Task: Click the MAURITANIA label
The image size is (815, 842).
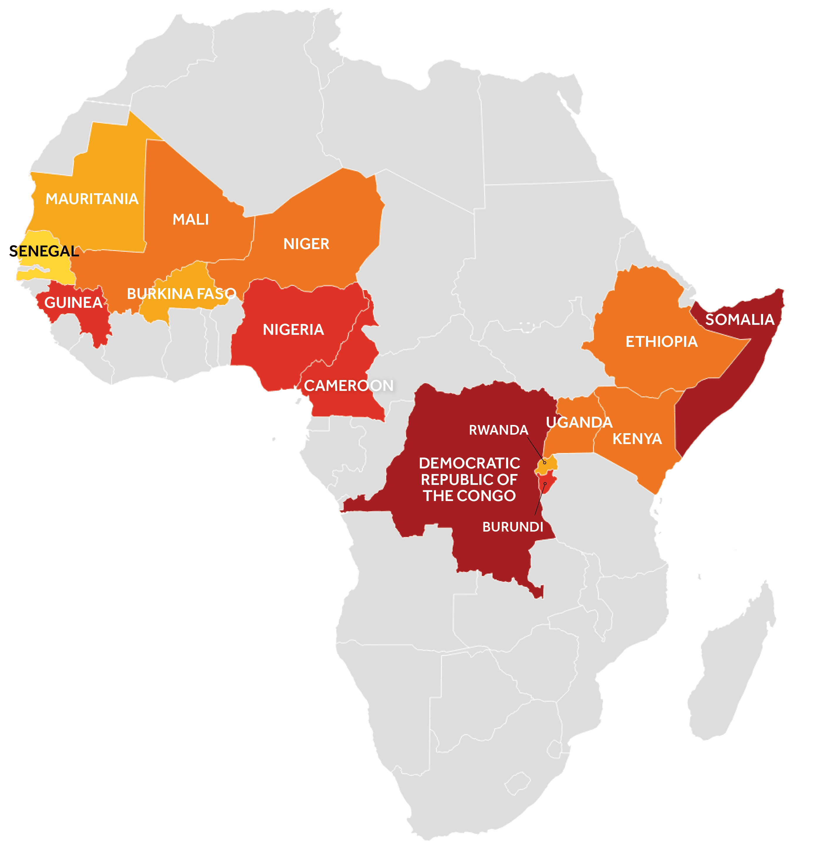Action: tap(92, 199)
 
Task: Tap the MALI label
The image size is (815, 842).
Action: tap(191, 219)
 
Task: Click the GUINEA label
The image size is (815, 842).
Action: tap(73, 303)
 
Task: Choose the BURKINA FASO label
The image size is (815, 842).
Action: tap(182, 294)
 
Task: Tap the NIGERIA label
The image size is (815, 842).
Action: tap(293, 330)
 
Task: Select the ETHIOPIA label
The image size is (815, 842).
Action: tap(661, 342)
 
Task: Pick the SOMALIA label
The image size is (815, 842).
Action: tap(740, 320)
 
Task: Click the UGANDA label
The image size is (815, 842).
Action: tap(579, 423)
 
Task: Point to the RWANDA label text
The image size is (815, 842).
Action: tap(498, 430)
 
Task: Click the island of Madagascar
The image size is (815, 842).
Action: tap(730, 666)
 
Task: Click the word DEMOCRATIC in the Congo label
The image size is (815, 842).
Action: tap(469, 463)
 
